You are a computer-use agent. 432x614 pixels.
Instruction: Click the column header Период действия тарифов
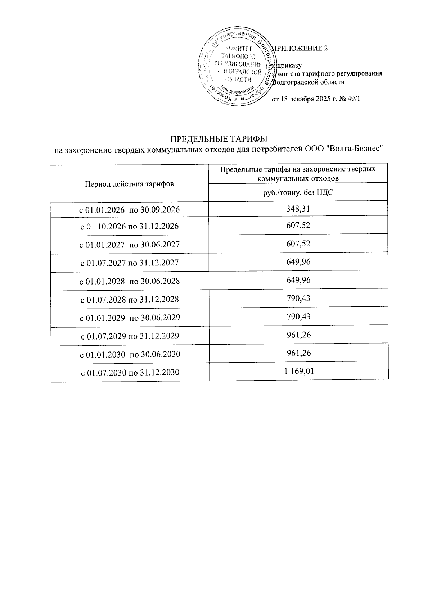click(129, 184)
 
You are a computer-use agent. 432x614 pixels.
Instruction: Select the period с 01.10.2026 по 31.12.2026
click(129, 227)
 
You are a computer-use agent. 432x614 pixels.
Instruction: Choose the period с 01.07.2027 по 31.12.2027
click(129, 263)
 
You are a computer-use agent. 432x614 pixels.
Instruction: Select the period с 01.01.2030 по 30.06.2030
click(129, 355)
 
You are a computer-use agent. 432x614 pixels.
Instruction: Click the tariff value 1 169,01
click(299, 371)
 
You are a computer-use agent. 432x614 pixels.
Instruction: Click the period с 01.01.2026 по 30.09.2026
click(129, 210)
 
